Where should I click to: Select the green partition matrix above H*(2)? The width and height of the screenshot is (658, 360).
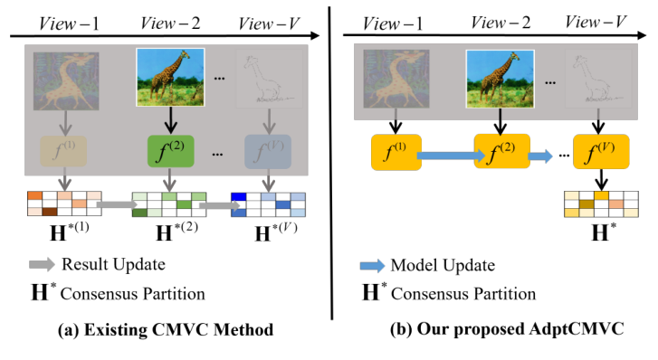(x=166, y=203)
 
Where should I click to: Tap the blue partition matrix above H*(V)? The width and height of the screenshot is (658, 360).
(x=266, y=203)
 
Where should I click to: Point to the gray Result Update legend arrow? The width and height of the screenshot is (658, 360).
(x=41, y=265)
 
